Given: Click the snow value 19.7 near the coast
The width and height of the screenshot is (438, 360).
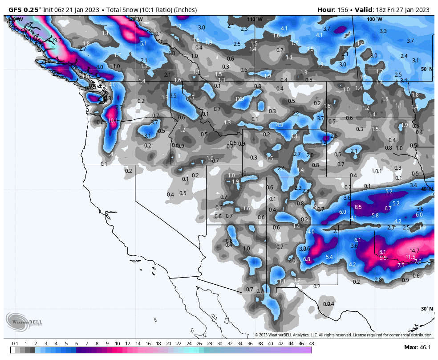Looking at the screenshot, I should point(57,41).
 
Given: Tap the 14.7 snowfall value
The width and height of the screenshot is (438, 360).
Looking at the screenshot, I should point(414,251).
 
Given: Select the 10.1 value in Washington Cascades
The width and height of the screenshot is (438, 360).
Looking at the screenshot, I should point(113,120).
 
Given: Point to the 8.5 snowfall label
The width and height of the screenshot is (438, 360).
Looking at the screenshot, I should point(358,207).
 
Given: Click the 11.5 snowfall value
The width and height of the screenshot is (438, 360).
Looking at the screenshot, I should point(410,257).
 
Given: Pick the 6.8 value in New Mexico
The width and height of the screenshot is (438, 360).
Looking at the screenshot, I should point(306,259).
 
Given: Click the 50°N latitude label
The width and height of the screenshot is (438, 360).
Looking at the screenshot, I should point(426,69).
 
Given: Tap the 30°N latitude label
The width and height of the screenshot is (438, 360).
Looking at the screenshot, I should point(426,309).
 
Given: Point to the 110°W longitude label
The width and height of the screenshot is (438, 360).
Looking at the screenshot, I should point(255,19).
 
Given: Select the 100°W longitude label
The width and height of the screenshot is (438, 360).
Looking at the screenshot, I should point(374,19).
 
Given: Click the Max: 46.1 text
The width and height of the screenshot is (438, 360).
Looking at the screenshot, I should point(416,348).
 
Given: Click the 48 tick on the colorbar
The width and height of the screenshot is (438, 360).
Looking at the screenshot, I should point(311,344).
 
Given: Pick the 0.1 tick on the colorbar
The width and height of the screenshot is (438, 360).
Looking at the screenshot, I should point(15,344).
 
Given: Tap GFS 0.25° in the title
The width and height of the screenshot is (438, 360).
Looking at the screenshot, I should point(24,10).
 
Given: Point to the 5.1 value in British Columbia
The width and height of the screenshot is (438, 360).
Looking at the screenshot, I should point(143,44).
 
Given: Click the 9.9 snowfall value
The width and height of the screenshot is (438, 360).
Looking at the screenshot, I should point(383,258).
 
